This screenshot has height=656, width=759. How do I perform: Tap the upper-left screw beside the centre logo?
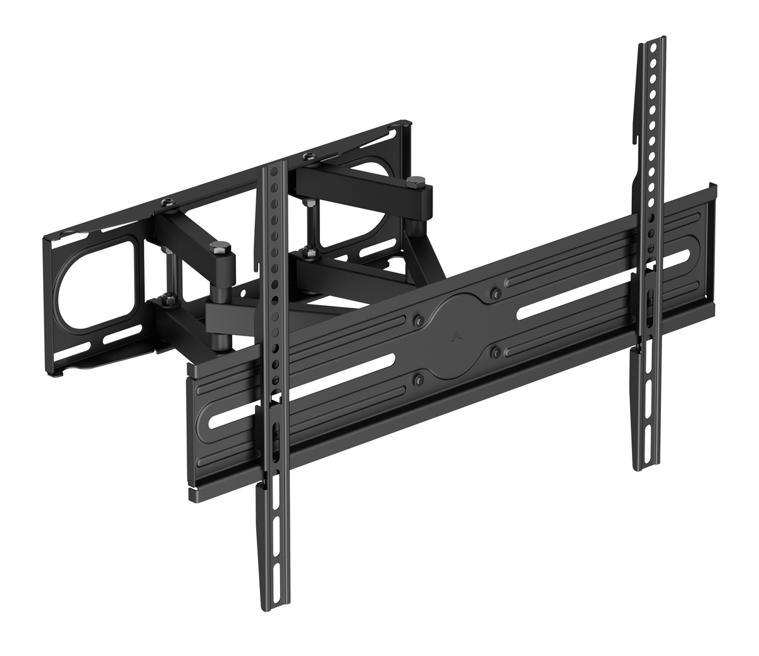[x=416, y=320]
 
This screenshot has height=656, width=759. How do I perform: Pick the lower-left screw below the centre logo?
[x=417, y=379]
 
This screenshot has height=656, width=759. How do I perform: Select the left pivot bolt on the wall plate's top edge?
[x=167, y=202]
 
